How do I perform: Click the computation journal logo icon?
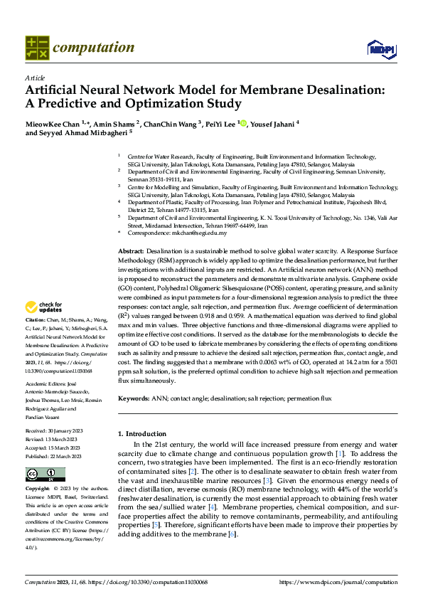[x=37, y=48]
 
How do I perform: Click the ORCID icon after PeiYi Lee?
[x=243, y=123]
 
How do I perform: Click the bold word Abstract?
[x=130, y=252]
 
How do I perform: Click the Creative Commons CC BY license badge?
[x=45, y=475]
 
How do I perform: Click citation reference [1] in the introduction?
[x=340, y=454]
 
